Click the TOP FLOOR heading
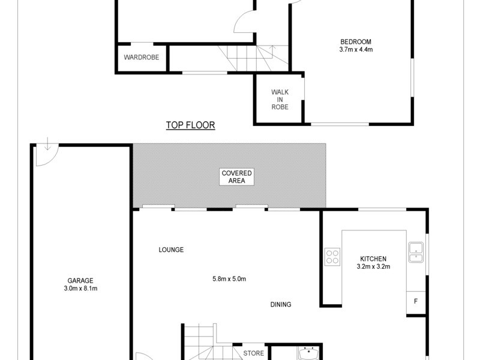point(190,125)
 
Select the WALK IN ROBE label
point(280,100)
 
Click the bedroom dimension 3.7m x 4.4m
point(356,50)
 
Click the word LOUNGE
point(171,250)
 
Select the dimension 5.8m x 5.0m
point(230,278)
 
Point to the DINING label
point(280,305)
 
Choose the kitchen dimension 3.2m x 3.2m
point(374,267)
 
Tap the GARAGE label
point(80,280)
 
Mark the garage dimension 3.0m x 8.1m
point(80,289)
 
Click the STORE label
point(253,353)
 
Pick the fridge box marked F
point(416,301)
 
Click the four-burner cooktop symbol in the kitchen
point(332,257)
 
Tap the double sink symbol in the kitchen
point(416,252)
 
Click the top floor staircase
point(253,59)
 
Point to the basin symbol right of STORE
point(309,352)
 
